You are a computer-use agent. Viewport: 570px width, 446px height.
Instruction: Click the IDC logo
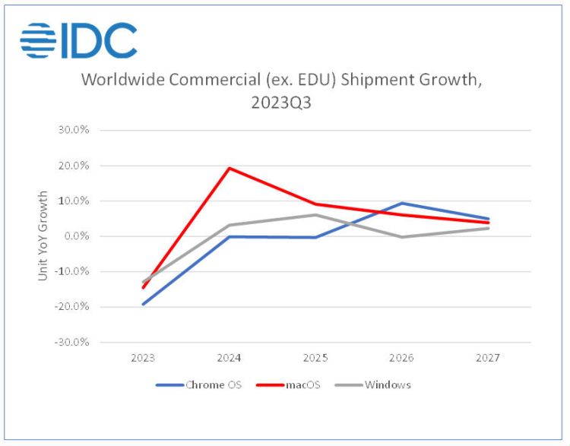click(x=79, y=41)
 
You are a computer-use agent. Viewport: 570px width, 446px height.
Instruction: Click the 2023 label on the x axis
click(x=143, y=357)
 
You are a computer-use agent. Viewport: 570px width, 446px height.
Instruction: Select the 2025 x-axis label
click(x=315, y=357)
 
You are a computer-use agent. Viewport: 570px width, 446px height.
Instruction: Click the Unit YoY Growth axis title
click(x=43, y=236)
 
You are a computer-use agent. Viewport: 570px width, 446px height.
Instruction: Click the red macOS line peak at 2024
click(x=230, y=168)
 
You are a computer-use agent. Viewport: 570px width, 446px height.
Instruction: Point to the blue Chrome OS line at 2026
click(x=402, y=203)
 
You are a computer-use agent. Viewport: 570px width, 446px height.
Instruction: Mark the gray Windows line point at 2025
click(x=315, y=215)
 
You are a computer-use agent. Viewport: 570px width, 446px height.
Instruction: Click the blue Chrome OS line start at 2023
click(x=143, y=304)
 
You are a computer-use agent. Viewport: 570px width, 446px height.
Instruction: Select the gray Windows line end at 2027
click(x=488, y=228)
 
